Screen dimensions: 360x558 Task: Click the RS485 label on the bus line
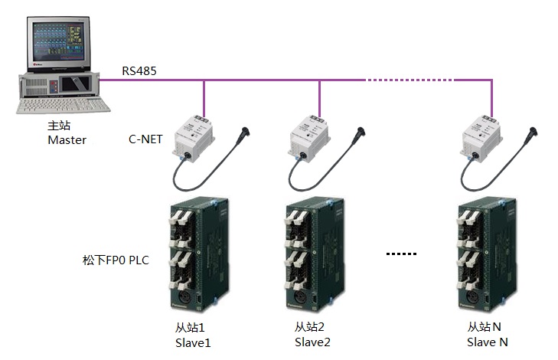(x=141, y=71)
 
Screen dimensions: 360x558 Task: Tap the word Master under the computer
(x=67, y=140)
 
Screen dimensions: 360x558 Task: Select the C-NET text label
(x=145, y=139)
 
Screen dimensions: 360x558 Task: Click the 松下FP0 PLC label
(x=115, y=260)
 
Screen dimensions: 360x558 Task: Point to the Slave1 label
(x=192, y=342)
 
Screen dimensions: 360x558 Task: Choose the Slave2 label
(x=312, y=342)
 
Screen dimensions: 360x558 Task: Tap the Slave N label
(x=488, y=342)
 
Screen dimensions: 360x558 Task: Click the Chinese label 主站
(x=59, y=127)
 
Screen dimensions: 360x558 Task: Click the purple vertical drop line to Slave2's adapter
(x=319, y=96)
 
